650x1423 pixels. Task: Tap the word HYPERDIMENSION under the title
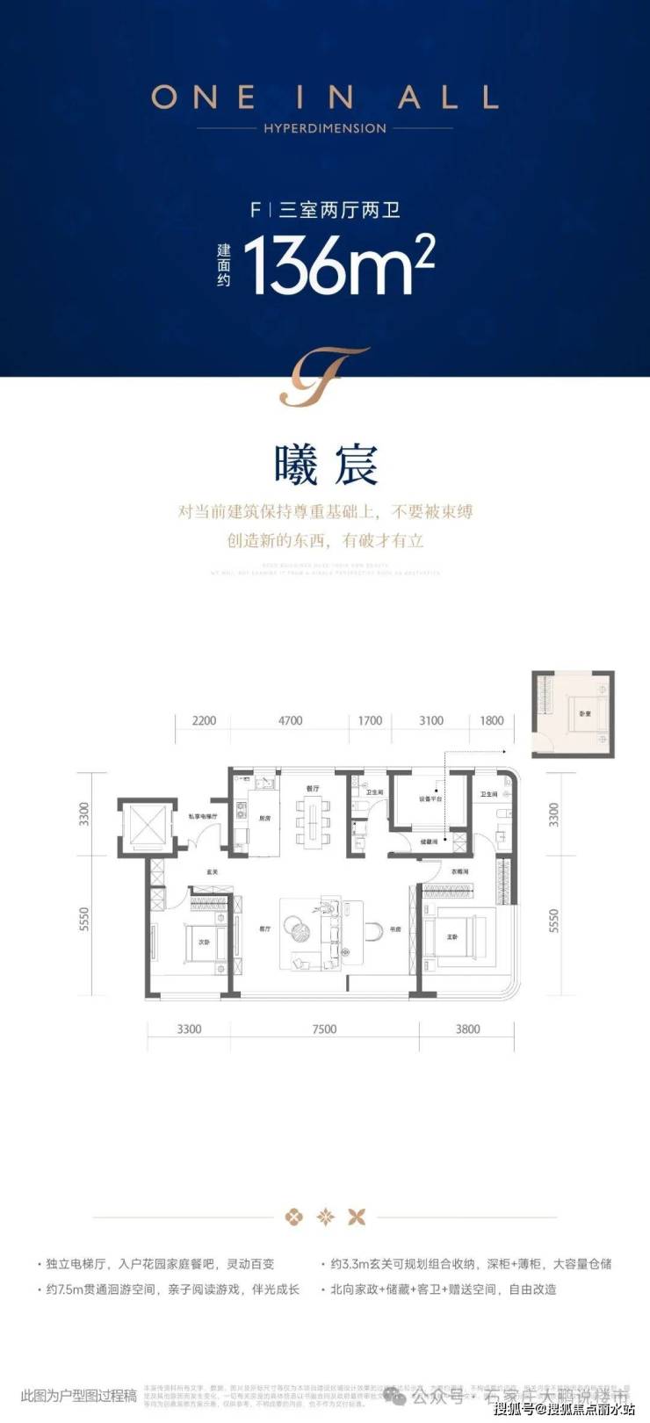click(x=325, y=128)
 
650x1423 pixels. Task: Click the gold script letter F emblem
click(x=324, y=377)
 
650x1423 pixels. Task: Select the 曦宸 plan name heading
click(x=326, y=465)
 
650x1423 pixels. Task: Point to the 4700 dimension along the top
click(x=290, y=720)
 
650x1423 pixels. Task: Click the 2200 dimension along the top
click(x=204, y=720)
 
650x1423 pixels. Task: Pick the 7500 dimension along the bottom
click(x=324, y=1029)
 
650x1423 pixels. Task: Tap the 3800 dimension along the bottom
click(x=468, y=1029)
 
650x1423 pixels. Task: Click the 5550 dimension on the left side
click(x=84, y=920)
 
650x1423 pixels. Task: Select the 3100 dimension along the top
click(x=431, y=720)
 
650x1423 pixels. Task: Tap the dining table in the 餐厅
click(x=314, y=823)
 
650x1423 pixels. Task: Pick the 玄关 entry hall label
click(x=212, y=872)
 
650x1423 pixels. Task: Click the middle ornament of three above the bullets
click(x=325, y=1217)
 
